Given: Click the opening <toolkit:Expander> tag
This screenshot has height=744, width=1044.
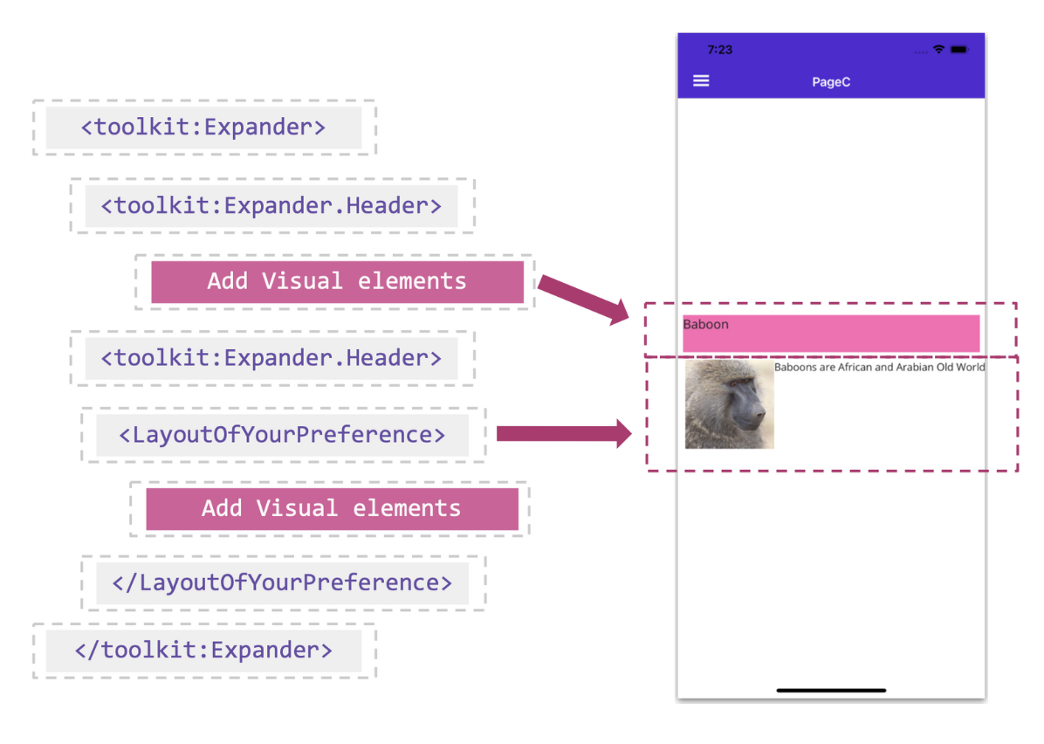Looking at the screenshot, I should pos(203,127).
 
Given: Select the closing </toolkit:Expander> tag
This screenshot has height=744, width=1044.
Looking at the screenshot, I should pos(203,651).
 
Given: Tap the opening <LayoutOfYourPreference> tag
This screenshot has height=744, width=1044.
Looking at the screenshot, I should pos(282,435).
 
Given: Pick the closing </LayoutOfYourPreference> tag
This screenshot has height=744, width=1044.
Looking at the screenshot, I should pos(282,582).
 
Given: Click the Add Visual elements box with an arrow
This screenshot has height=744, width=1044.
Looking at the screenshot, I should pos(337,282).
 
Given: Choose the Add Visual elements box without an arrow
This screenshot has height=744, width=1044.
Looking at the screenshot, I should pos(332,509).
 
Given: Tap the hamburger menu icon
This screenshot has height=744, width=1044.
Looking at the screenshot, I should pos(701,81).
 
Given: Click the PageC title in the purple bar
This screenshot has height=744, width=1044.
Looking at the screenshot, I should pos(831,82).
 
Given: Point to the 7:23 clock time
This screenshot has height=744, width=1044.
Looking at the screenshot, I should pos(720,50).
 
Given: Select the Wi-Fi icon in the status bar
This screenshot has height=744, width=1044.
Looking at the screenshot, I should pos(938,50).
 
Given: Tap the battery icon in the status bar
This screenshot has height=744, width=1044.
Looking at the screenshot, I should pos(960,50).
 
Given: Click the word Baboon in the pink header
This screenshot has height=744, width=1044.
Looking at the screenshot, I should pos(705,325).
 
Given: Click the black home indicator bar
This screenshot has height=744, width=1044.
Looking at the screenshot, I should pos(831,690).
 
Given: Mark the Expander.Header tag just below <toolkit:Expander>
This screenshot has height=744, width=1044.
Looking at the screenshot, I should pos(271,206).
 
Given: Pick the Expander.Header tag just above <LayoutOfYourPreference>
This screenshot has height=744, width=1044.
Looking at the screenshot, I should pos(271,358).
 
